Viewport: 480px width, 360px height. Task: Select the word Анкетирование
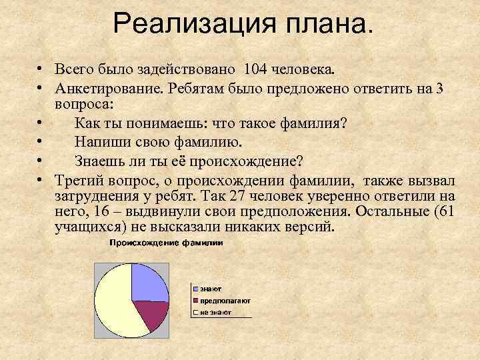click(109, 89)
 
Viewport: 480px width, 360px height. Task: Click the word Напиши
click(101, 142)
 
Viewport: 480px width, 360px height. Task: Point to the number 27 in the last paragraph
click(238, 196)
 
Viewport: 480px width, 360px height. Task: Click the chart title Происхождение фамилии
click(166, 243)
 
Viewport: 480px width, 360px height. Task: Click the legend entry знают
click(210, 289)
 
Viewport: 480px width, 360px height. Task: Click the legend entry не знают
click(213, 311)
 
